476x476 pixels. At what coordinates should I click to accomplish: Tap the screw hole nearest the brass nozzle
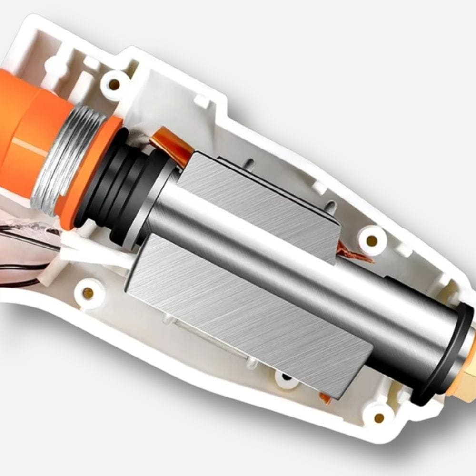point(379,417)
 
